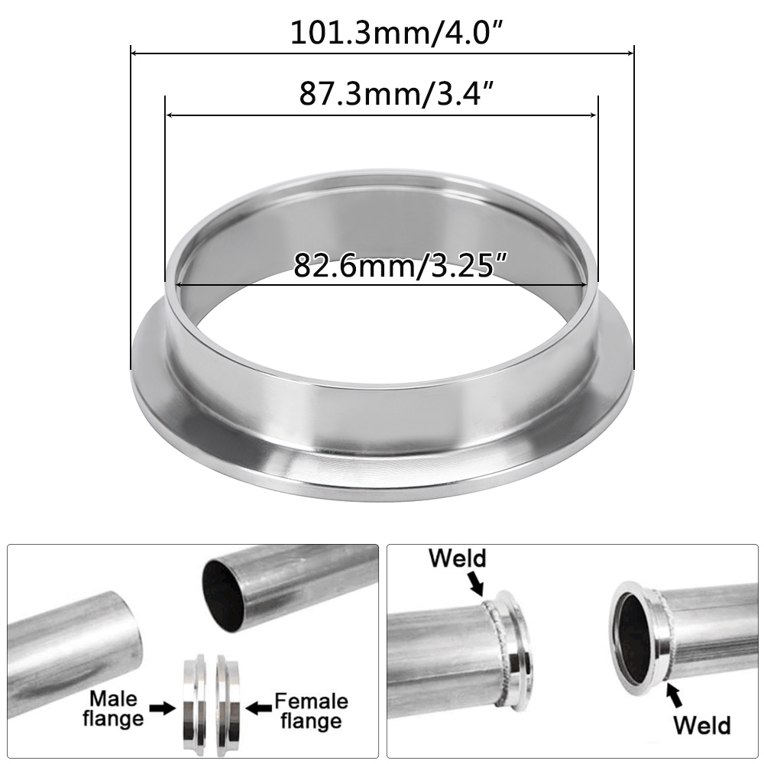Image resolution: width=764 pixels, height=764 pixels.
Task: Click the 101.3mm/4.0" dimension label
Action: coord(382,33)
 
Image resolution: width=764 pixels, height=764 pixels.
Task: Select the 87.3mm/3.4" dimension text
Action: coord(382,94)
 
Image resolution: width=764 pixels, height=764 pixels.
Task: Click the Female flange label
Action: coord(310,711)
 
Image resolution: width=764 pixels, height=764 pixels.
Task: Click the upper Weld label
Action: coord(457,558)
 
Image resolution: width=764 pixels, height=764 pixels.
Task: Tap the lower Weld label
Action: coord(701,724)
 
